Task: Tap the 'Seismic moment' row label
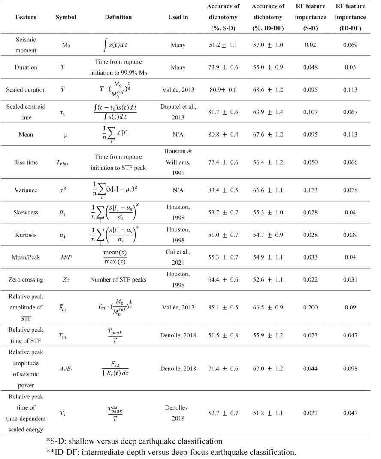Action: (26, 45)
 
